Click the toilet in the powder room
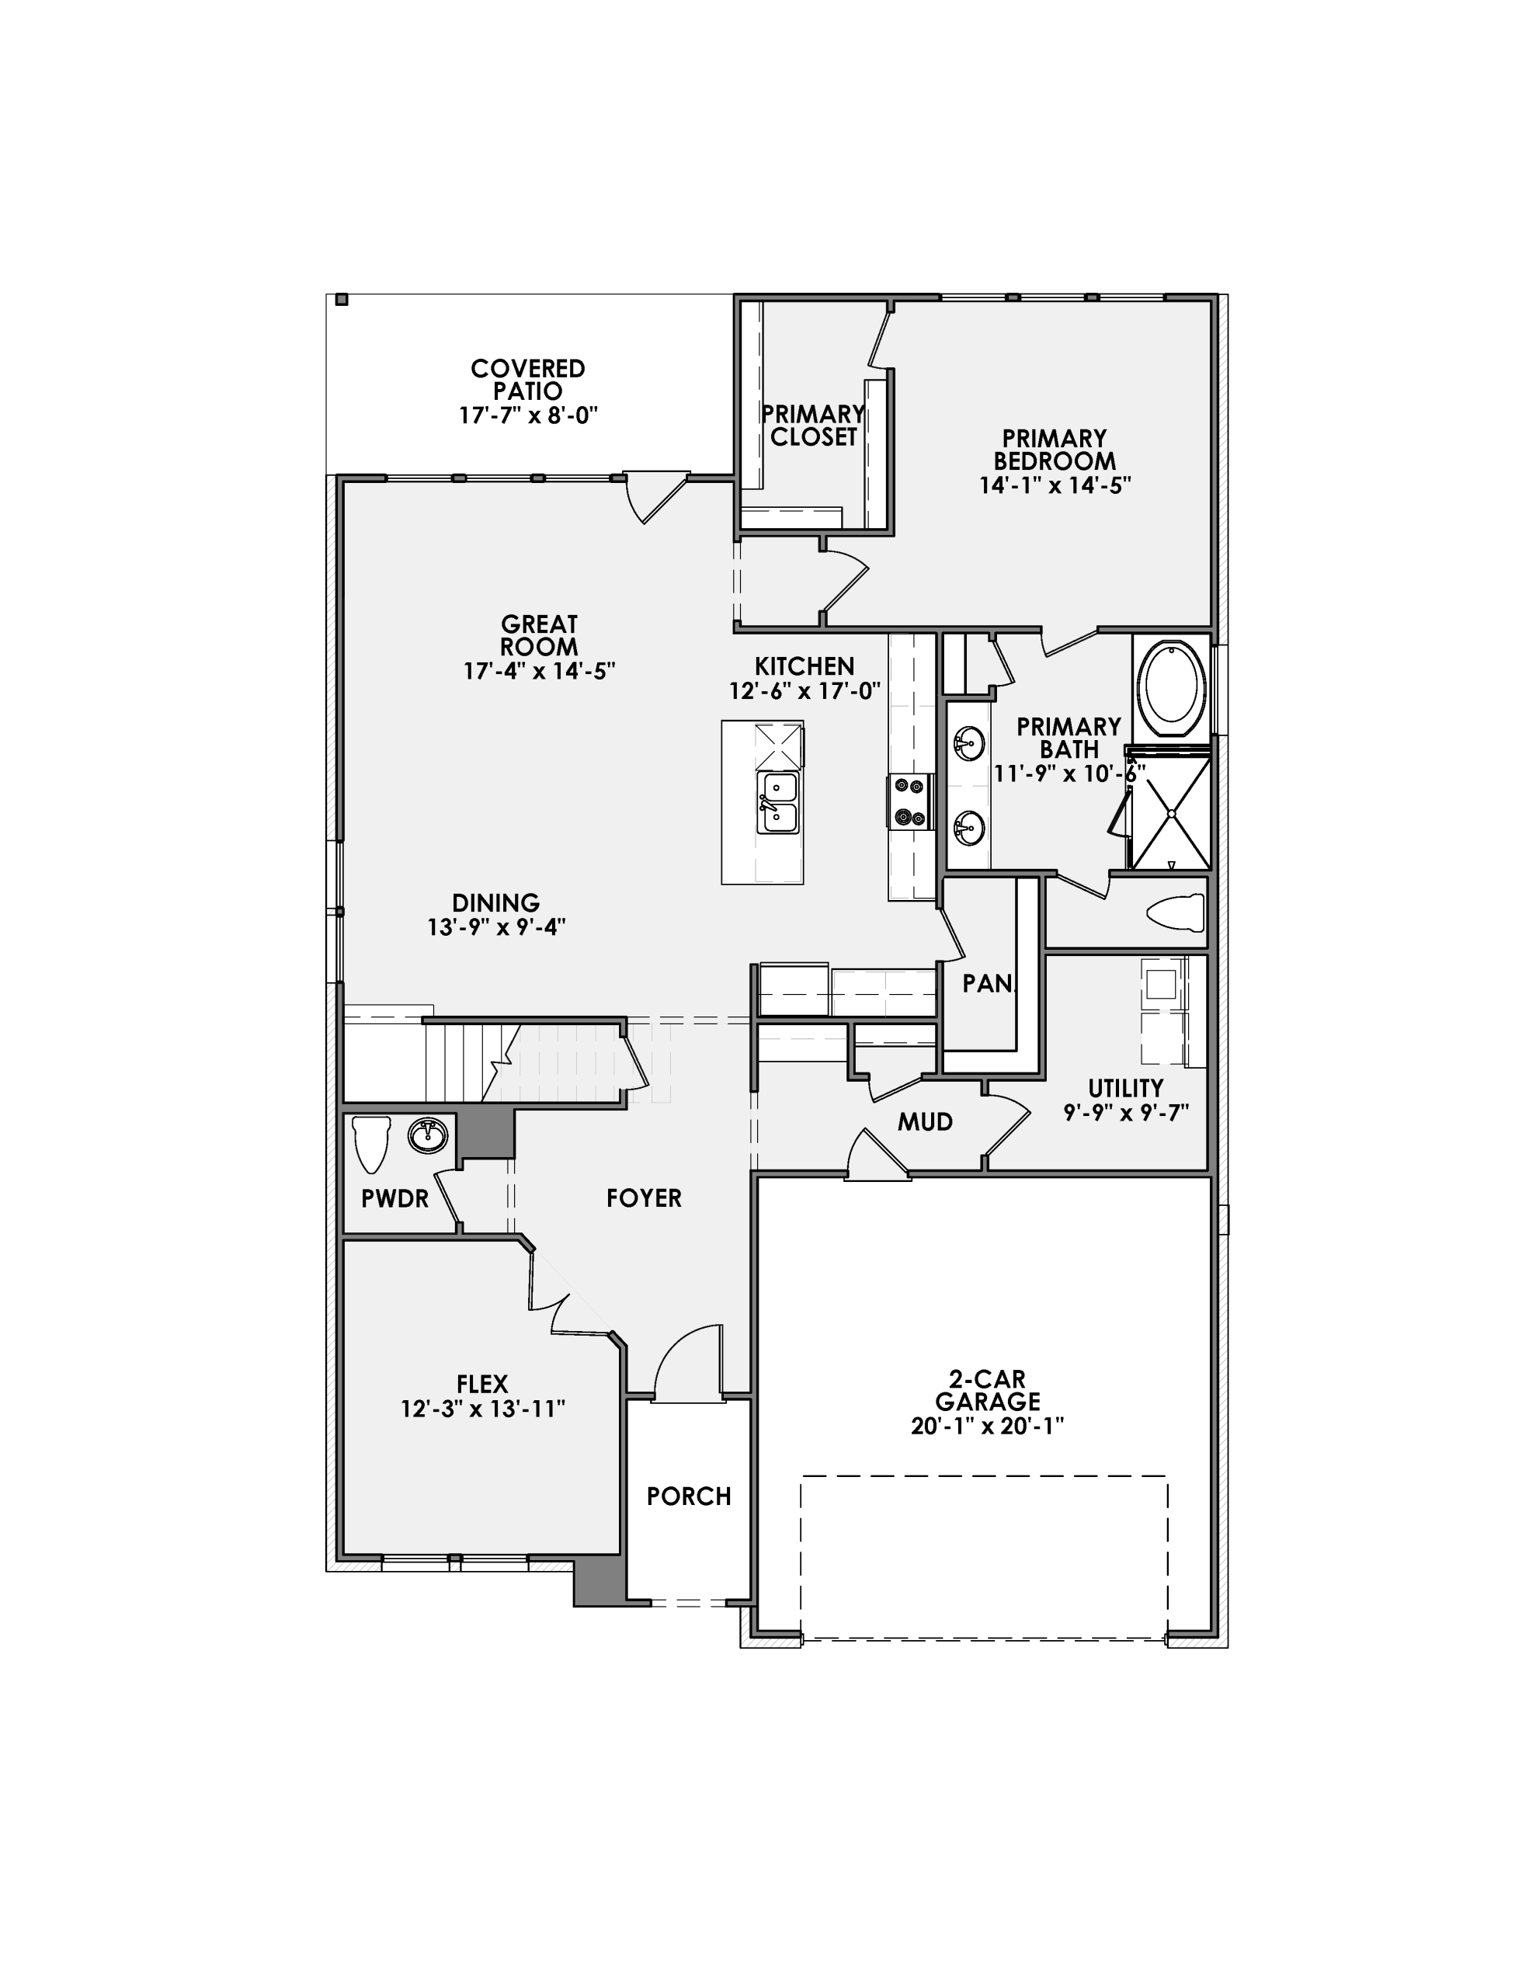coord(371,1142)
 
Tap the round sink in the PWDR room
coord(427,1135)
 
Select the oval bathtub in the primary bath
coord(1171,690)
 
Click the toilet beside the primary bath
coord(1176,913)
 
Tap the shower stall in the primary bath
coord(1171,810)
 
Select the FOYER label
coord(644,1199)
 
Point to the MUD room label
coord(925,1122)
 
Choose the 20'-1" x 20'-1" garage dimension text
coord(987,1426)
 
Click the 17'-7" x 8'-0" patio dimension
coord(527,416)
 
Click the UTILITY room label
coord(1125,1089)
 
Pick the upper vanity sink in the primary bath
coord(968,745)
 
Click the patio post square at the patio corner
coord(342,300)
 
